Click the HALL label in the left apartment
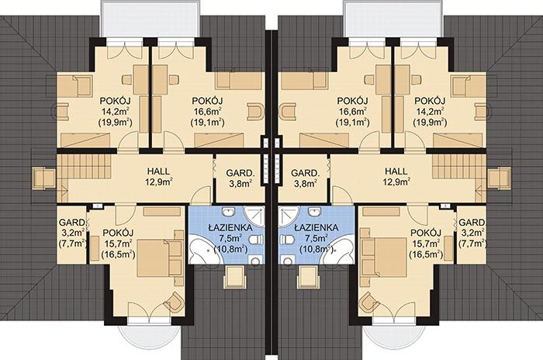point(158,171)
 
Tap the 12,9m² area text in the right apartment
point(396,181)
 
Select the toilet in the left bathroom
point(256,240)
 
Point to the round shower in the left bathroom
point(255,216)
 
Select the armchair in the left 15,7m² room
point(174,301)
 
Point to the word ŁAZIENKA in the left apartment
point(230,227)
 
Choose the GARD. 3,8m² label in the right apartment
point(305,178)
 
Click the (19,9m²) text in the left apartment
point(116,122)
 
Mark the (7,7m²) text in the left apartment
point(72,243)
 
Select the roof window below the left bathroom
point(236,277)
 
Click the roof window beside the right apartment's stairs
point(499,178)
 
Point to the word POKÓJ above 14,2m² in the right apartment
point(430,101)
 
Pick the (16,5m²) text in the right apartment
point(426,254)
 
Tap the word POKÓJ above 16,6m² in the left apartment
point(207,101)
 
